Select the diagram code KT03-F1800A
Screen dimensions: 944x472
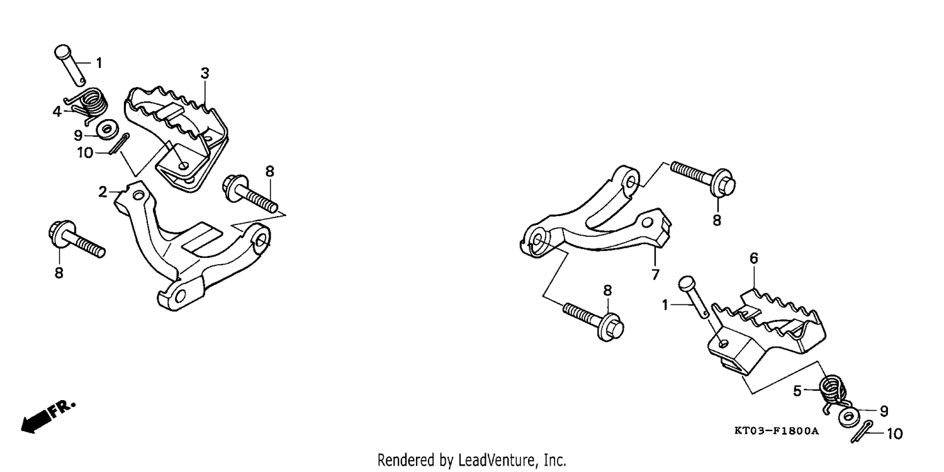[x=776, y=430]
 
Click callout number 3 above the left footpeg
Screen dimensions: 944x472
[x=205, y=73]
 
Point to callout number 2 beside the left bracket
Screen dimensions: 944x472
[x=103, y=192]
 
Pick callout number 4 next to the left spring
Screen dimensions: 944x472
[x=57, y=112]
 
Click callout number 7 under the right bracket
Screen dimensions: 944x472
[x=655, y=275]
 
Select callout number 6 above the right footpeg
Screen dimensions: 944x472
[x=754, y=258]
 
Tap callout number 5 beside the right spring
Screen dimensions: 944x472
[x=797, y=391]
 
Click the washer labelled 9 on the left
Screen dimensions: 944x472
[x=107, y=130]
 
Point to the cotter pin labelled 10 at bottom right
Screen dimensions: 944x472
[x=862, y=432]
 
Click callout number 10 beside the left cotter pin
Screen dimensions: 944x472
[x=85, y=153]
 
